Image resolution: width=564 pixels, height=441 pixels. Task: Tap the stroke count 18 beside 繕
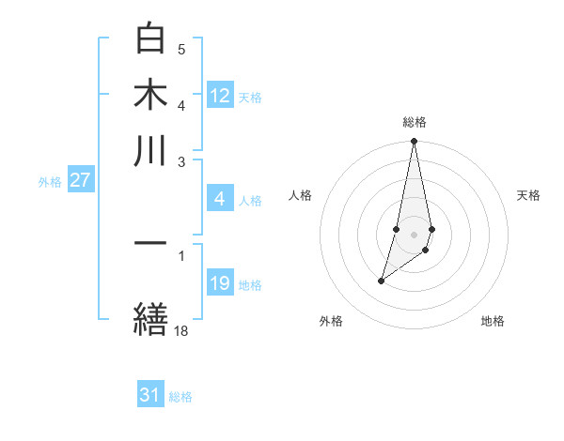(180, 330)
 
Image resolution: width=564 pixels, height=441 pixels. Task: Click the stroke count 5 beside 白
(181, 49)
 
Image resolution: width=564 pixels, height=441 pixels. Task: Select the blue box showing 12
(220, 96)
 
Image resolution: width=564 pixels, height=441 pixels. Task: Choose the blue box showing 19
(220, 283)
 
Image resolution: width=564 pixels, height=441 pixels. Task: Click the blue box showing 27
(80, 180)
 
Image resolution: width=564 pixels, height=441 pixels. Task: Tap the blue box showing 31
(150, 395)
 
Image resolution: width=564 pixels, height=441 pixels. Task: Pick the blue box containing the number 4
(220, 199)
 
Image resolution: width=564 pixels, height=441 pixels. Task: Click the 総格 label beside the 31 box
(181, 397)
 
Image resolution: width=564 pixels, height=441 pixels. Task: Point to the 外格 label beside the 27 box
(50, 182)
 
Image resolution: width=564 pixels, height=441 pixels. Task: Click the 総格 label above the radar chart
(415, 123)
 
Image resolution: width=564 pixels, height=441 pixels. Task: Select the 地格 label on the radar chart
(493, 322)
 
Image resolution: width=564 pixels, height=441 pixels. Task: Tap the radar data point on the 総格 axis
(415, 142)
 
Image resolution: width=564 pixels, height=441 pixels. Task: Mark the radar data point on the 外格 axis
(381, 281)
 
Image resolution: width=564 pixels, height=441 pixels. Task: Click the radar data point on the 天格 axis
(431, 229)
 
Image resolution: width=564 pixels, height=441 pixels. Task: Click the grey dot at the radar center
(415, 234)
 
